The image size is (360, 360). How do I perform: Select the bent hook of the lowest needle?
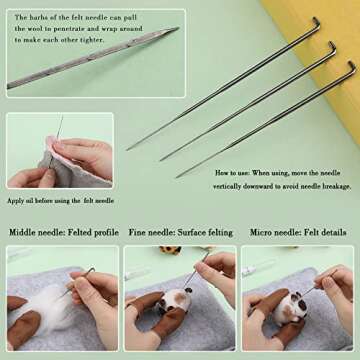coord(349,67)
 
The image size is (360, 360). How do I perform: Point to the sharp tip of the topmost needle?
coord(128,149)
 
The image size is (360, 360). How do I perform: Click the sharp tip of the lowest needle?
coord(178,177)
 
